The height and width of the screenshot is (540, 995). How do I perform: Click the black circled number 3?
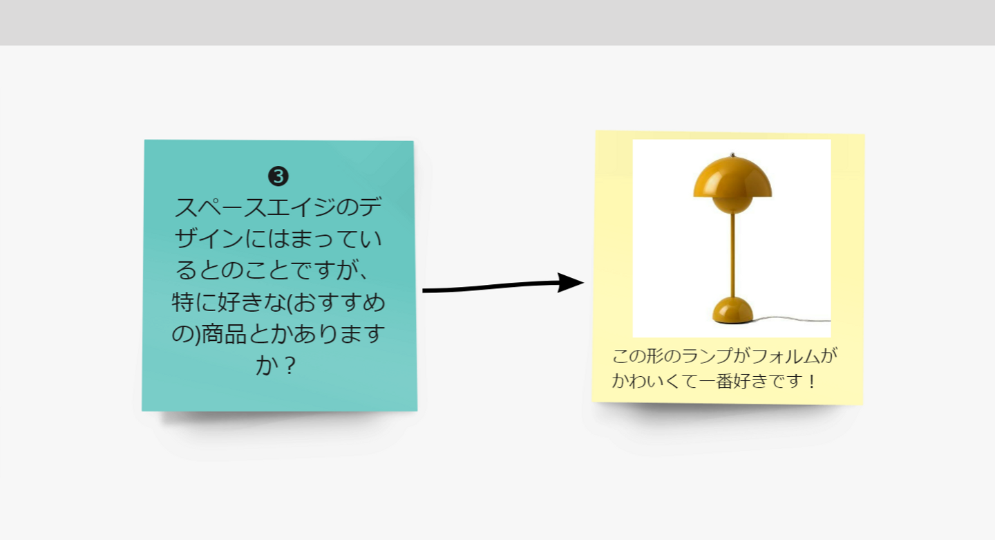tap(278, 176)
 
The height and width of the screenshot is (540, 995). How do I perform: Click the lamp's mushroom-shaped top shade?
tap(732, 176)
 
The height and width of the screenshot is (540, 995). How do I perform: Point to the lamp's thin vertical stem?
tap(732, 256)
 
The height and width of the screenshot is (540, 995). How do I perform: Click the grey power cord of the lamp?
tap(795, 319)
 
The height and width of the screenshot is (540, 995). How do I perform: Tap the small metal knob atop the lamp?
tap(732, 155)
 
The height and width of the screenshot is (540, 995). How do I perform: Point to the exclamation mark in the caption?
tap(812, 381)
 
